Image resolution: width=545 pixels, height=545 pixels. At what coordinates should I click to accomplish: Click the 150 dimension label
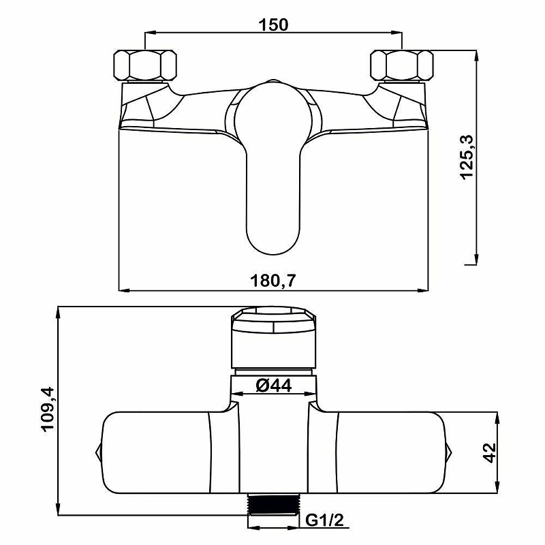tap(273, 25)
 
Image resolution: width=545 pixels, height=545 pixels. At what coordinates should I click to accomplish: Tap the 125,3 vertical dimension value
tap(467, 157)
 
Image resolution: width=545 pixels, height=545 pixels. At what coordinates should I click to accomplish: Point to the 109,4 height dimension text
tap(48, 409)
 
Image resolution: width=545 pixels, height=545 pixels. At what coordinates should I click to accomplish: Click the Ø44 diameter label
tap(274, 385)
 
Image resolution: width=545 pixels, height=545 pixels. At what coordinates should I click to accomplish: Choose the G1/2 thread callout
tap(324, 520)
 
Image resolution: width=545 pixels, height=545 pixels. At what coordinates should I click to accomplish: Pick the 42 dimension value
tap(490, 452)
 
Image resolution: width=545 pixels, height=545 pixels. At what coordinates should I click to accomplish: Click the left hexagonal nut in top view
tap(145, 65)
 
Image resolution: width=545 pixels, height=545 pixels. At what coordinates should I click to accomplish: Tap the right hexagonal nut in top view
tap(402, 65)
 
